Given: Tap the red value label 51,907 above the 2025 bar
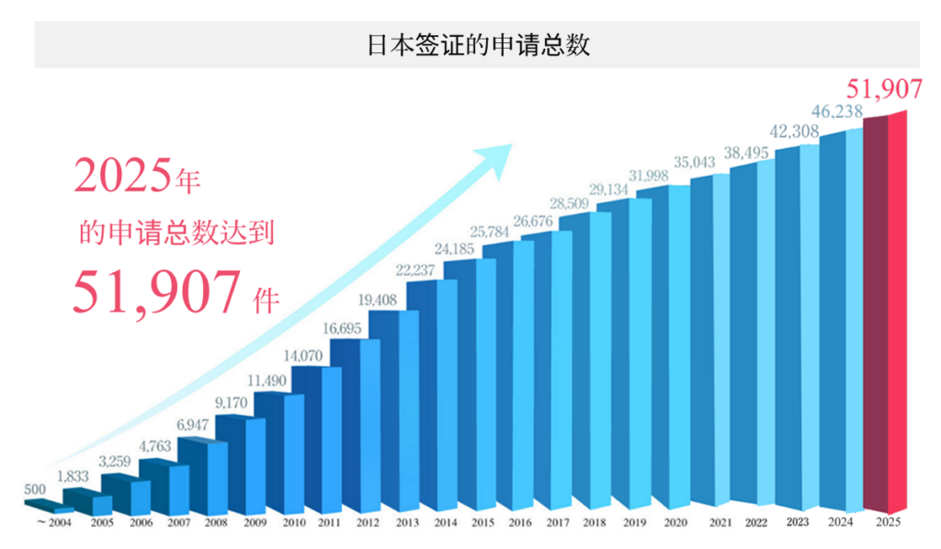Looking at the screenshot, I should tap(883, 89).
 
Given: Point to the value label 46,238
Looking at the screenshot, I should tap(836, 113).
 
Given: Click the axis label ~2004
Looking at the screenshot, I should tap(53, 524).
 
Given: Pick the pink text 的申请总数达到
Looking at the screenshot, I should tap(176, 232).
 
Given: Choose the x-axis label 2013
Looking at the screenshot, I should tap(407, 524).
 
